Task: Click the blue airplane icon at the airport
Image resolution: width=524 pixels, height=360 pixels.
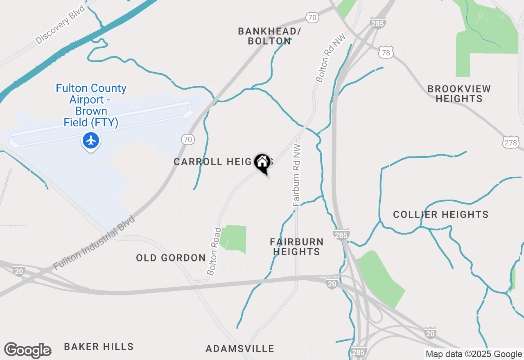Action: (x=91, y=140)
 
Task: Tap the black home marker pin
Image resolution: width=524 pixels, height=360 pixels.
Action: (x=262, y=162)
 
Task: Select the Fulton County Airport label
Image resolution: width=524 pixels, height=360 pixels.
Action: (x=91, y=105)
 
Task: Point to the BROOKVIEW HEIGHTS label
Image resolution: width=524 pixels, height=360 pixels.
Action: (x=459, y=94)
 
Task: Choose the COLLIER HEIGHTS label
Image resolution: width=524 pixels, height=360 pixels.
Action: (x=440, y=214)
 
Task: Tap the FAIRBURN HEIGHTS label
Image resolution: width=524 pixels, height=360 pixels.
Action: (x=296, y=247)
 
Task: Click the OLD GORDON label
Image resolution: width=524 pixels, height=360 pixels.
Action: (x=171, y=258)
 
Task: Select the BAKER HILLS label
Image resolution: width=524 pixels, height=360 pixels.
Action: (x=99, y=347)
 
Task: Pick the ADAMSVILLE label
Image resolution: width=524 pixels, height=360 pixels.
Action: (x=240, y=349)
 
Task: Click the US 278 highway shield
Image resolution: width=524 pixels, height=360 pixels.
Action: (x=511, y=142)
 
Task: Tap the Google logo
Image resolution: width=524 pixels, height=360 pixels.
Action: (x=27, y=350)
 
